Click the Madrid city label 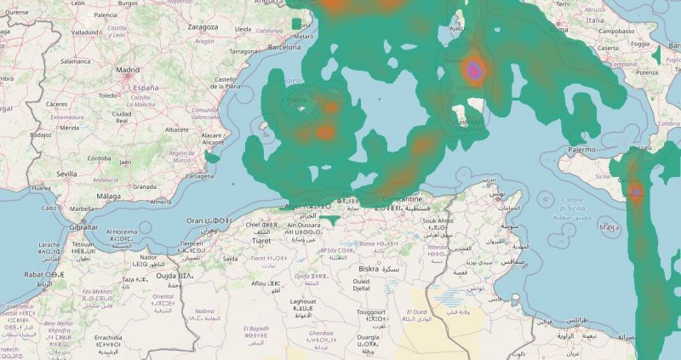point(128,70)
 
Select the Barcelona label point(284,48)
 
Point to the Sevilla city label point(68,173)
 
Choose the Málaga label point(110,195)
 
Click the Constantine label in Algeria point(409,199)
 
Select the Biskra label point(369,268)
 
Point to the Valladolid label point(85,31)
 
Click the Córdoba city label point(99,157)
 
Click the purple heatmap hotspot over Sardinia point(475,71)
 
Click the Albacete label point(176,129)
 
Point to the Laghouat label point(303,301)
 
